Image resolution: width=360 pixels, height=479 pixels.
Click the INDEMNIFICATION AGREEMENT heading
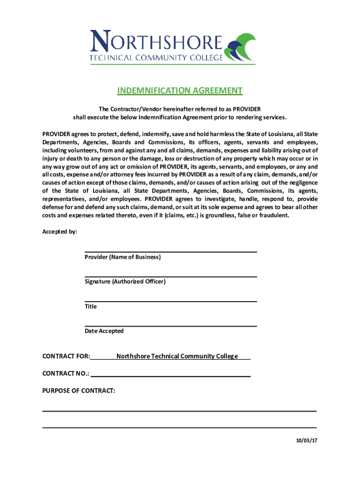(180, 91)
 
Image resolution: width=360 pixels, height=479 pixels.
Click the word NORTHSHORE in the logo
(157, 40)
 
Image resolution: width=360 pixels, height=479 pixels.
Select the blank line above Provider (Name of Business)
(171, 251)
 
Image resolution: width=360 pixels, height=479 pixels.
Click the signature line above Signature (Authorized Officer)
(171, 276)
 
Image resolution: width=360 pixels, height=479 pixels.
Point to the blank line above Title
(171, 301)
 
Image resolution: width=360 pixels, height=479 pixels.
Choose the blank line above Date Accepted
(171, 326)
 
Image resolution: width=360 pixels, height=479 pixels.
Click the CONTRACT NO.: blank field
(171, 376)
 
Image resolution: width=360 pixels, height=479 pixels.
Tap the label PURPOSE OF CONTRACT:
(79, 391)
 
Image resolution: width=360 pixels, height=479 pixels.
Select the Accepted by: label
(60, 232)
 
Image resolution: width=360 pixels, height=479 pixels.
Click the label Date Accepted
(104, 331)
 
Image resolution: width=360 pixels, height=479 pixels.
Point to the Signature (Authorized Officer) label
(125, 282)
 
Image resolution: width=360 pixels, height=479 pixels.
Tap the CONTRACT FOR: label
(66, 356)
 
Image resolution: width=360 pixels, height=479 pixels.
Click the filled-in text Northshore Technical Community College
(177, 356)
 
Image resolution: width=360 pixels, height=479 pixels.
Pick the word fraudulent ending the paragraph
(274, 216)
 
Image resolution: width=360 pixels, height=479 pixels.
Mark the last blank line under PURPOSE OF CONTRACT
(180, 427)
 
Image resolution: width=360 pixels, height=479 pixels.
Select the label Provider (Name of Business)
(122, 257)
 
